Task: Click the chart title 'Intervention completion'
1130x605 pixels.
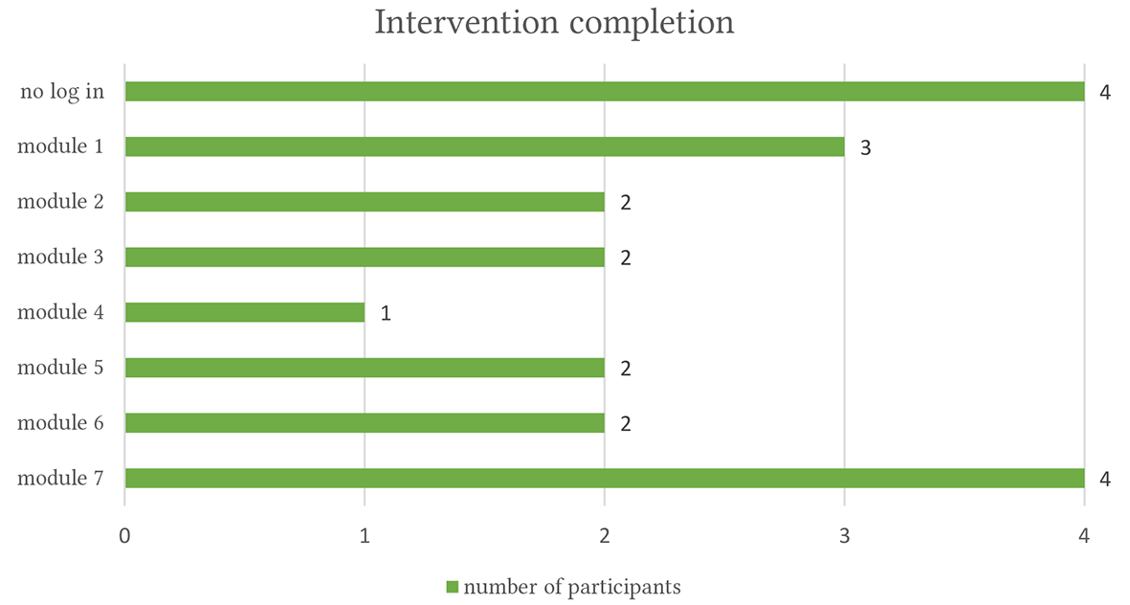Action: (554, 22)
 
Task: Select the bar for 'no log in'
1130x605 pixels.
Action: (605, 92)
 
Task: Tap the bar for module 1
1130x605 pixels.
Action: (485, 147)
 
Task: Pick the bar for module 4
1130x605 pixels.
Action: (245, 312)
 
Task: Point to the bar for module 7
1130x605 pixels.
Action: (605, 478)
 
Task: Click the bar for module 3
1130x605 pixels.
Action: (365, 258)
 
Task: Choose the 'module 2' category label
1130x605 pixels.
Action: (60, 201)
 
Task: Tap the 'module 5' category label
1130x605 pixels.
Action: (60, 367)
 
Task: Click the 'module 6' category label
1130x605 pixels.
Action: (60, 422)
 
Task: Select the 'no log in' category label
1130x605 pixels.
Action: (62, 92)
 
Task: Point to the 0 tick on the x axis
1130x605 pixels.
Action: (125, 536)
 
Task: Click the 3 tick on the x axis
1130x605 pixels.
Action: (845, 536)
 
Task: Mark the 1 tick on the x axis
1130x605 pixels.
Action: (365, 536)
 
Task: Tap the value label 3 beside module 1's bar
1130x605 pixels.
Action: (866, 147)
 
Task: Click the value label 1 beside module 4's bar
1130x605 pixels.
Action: (386, 313)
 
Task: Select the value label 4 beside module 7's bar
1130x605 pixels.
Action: (1105, 479)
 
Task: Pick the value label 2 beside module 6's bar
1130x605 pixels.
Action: (626, 423)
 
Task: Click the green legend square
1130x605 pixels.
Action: (453, 587)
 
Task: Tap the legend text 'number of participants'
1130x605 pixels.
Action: (572, 587)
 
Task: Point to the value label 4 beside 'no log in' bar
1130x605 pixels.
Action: (1105, 92)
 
